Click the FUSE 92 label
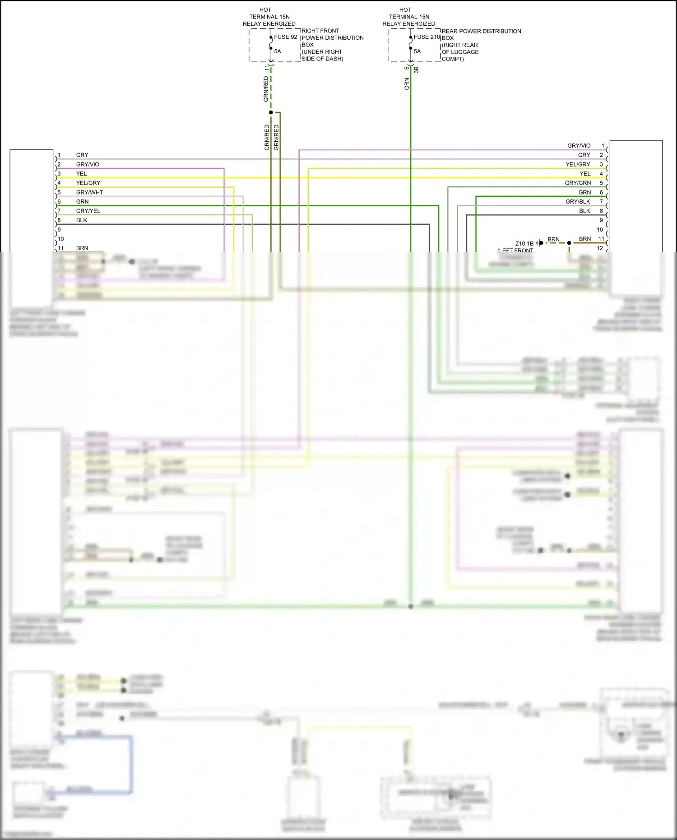pos(285,37)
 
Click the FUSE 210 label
pos(427,37)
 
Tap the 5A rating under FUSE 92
pos(278,51)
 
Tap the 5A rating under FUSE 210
pos(417,51)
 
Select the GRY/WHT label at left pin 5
pos(89,192)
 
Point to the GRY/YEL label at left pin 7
pos(88,211)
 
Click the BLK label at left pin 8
pos(82,220)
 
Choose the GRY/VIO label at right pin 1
pos(579,146)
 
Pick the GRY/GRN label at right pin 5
pos(578,183)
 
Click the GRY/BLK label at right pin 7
pos(578,202)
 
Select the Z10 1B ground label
pos(524,244)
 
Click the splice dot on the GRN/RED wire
pos(271,112)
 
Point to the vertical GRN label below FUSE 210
pos(407,84)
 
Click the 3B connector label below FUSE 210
pos(416,70)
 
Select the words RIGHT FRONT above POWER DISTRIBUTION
pos(320,31)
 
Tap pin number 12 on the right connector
pos(600,248)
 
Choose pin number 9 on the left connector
pos(59,230)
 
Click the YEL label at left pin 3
pos(81,174)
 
